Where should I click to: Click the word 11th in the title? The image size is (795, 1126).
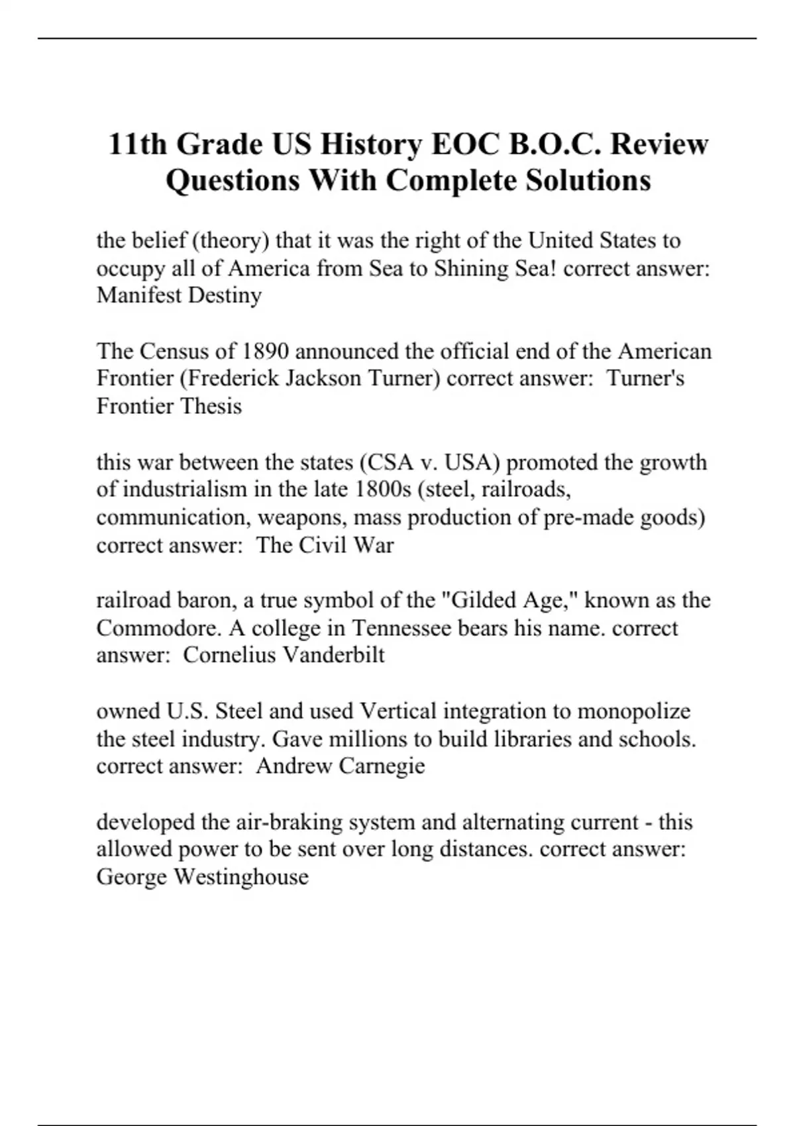coord(136,144)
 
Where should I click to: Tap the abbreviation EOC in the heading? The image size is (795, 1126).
coord(463,144)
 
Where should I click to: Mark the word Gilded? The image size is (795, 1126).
coord(479,600)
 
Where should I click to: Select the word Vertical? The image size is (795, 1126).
coord(398,711)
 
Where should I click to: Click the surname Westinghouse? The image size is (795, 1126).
coord(241,877)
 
